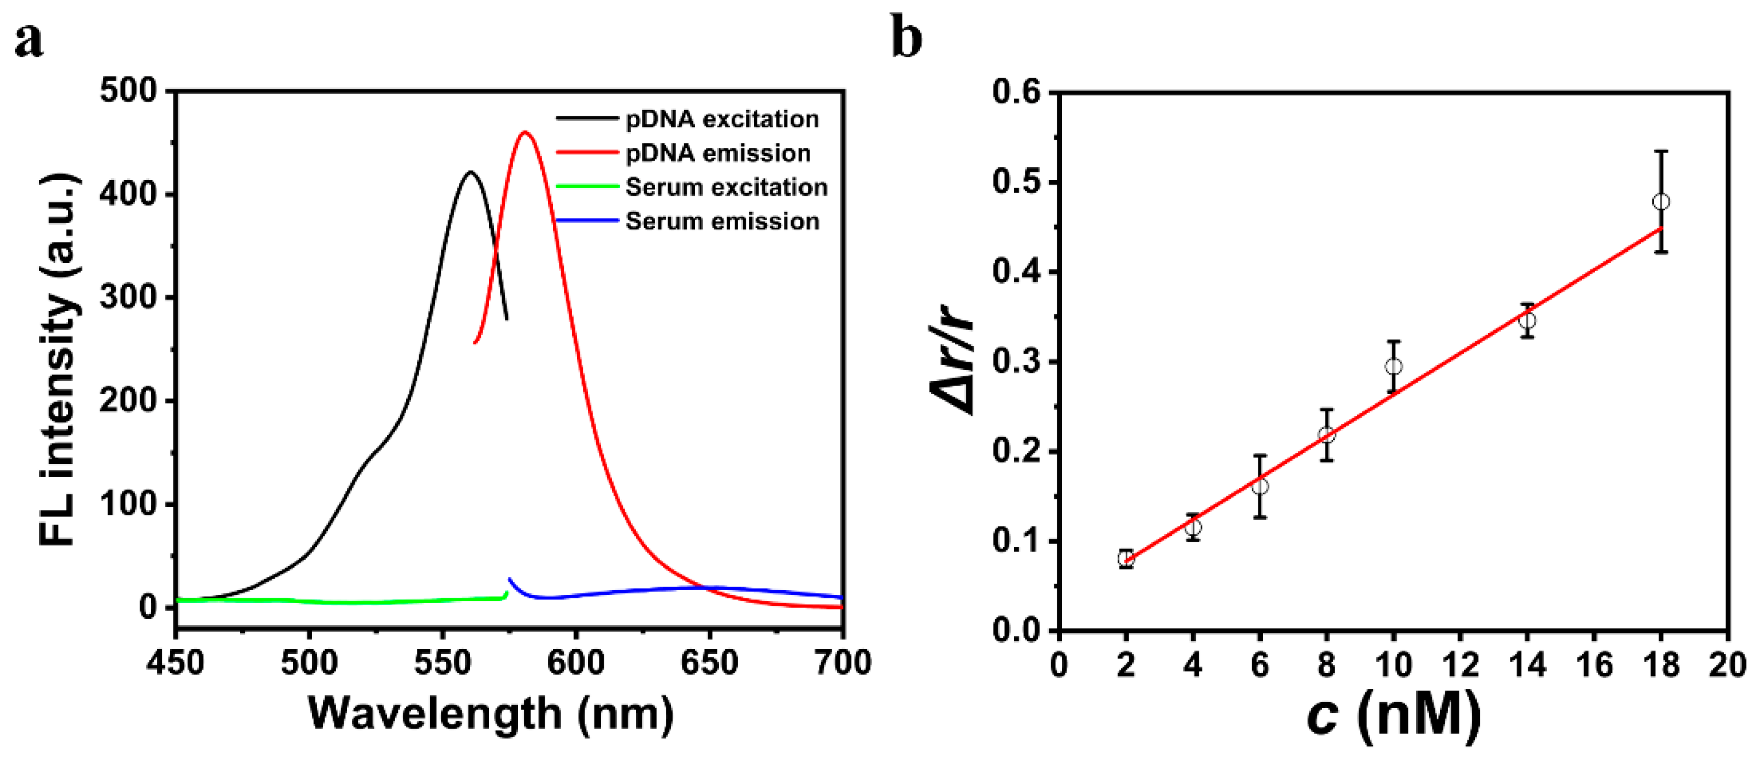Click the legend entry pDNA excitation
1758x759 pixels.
(x=722, y=119)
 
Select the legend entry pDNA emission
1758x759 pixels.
(x=718, y=154)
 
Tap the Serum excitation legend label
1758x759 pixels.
(x=726, y=187)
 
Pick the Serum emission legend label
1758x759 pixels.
(x=722, y=221)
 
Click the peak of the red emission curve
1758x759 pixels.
(x=525, y=133)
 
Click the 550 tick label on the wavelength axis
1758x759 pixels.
(x=442, y=663)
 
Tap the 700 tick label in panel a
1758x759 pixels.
(x=843, y=663)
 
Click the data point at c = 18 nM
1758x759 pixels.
(x=1661, y=202)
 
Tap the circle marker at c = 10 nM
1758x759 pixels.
(x=1393, y=366)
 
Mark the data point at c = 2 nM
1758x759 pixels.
(x=1126, y=559)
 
